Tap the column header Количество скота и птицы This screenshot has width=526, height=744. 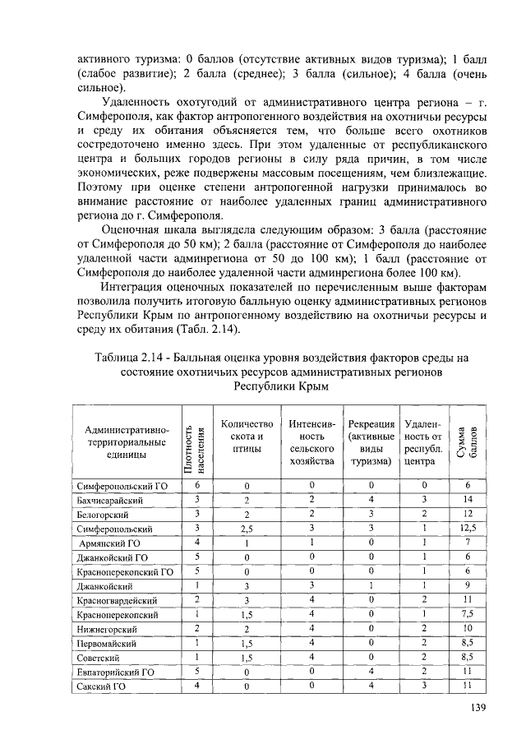point(246,437)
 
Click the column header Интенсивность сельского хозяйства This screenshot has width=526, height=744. point(311,443)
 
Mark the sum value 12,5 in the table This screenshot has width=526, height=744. point(467,529)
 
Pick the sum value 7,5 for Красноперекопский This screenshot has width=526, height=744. point(467,614)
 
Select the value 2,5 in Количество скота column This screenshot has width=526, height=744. point(246,529)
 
